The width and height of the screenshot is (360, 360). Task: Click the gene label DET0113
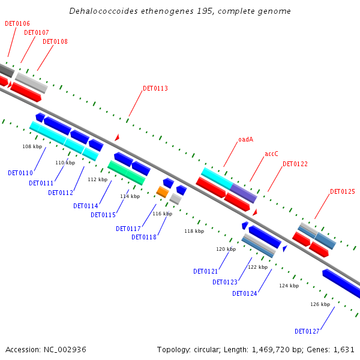pos(155,89)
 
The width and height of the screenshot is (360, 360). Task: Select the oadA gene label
pos(245,139)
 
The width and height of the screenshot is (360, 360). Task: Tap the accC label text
pos(271,154)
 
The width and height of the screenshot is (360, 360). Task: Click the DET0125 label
pos(342,192)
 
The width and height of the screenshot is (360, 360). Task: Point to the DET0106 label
pos(17,23)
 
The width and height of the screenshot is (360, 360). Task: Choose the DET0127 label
pos(307,331)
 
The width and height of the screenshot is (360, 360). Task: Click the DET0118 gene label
pos(143,237)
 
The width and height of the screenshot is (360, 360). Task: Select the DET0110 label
pos(20,173)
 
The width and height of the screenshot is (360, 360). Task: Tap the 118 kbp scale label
pos(194,231)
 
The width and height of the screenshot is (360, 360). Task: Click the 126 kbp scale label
pos(320,304)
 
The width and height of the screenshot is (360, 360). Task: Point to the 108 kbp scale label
pos(32,146)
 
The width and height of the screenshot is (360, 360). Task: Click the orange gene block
pos(162,191)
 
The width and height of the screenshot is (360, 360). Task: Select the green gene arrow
pos(126,172)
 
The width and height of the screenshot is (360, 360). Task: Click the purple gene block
pos(244,193)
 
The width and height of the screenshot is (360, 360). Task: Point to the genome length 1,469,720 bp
pos(274,349)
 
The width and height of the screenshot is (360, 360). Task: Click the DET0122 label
pos(295,164)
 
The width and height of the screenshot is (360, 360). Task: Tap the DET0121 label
pos(205,271)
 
